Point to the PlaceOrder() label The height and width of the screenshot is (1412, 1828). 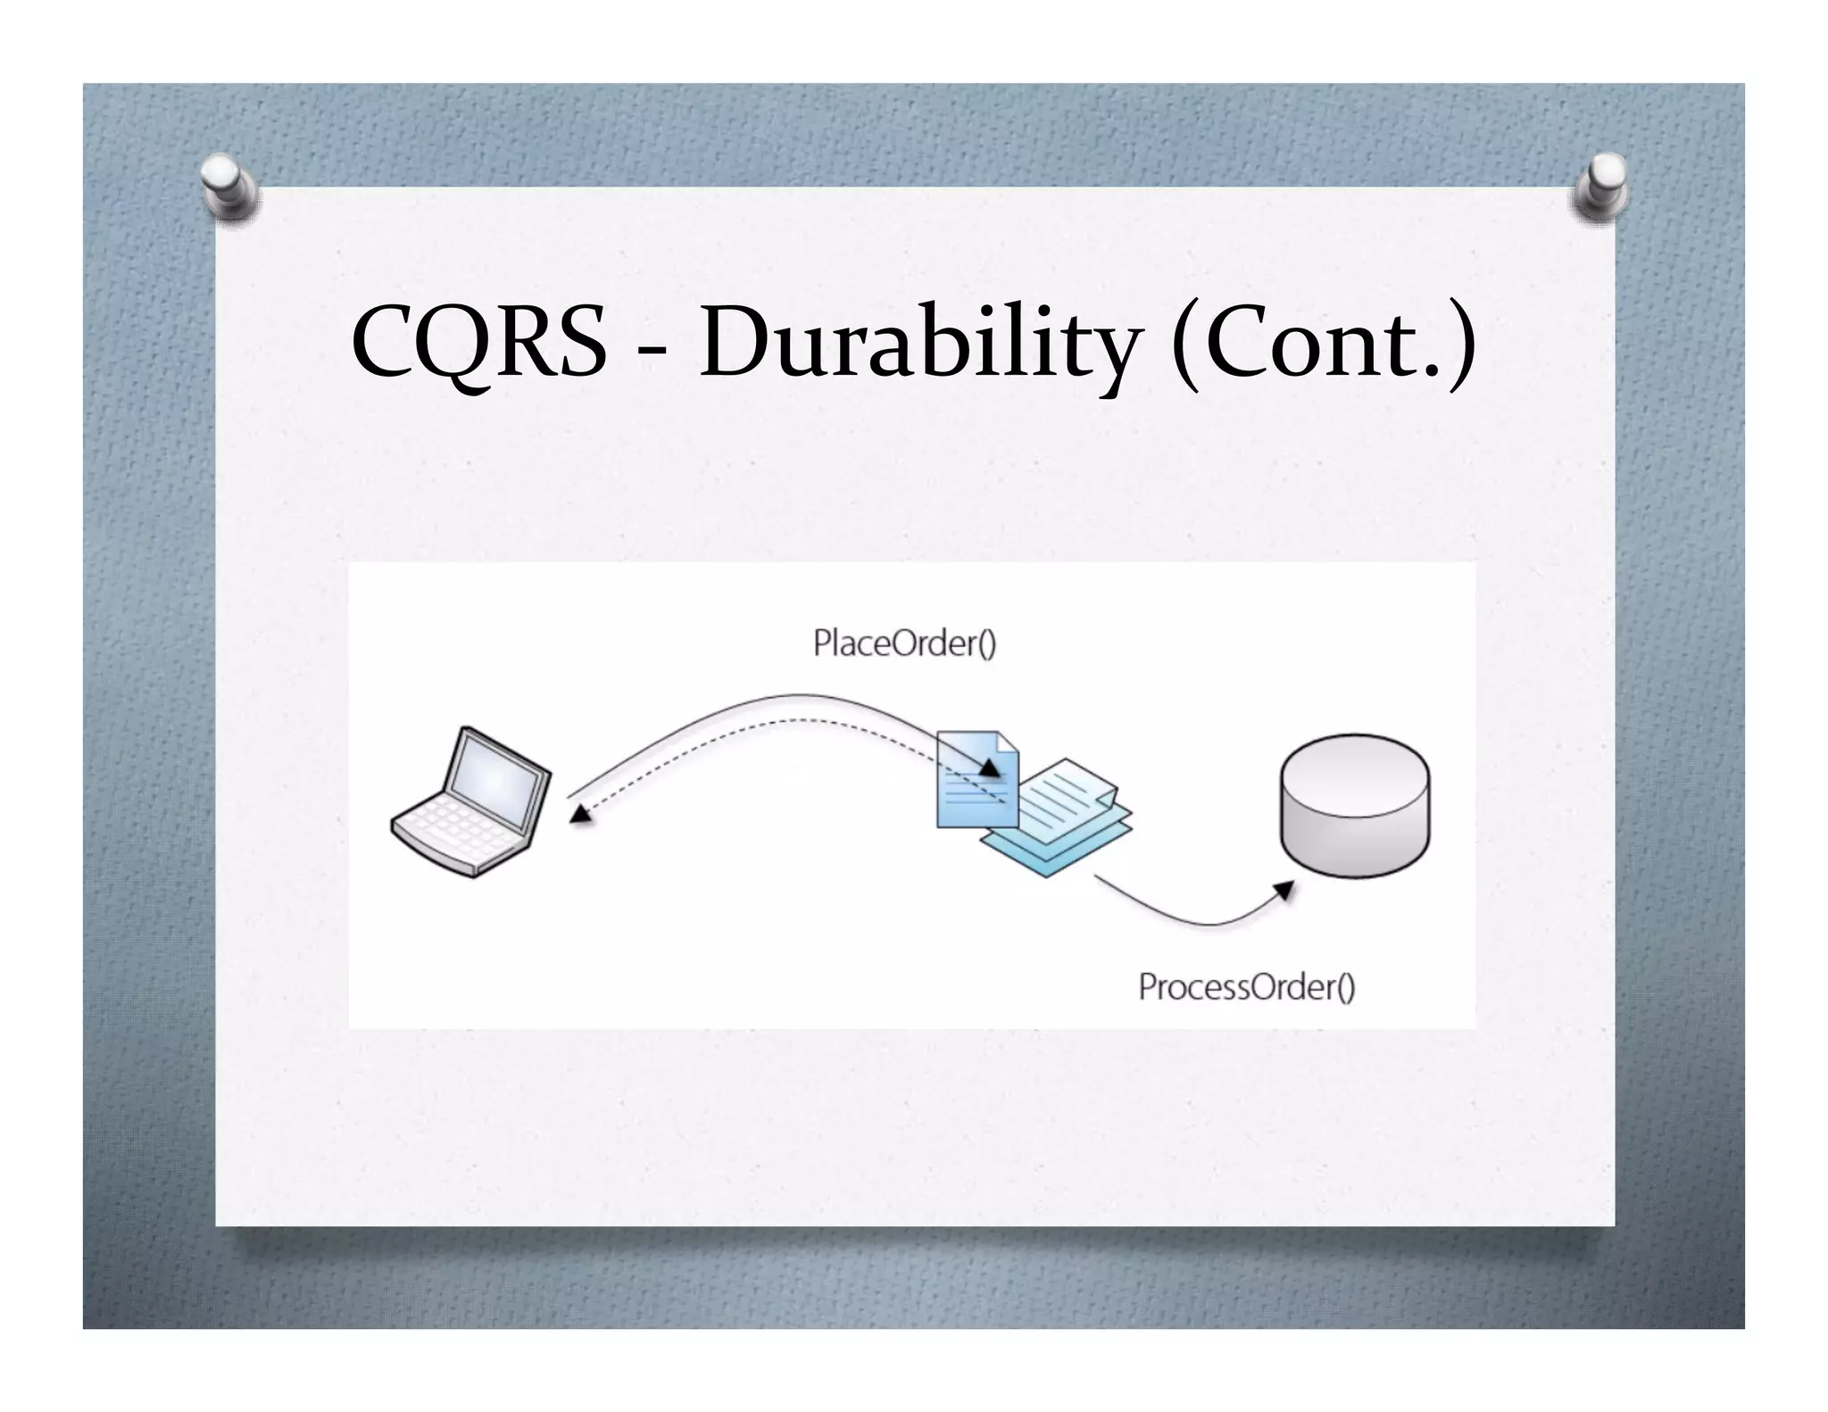903,644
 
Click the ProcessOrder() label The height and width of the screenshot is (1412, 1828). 1246,987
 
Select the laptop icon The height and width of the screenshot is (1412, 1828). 470,802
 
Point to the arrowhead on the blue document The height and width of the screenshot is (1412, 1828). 989,768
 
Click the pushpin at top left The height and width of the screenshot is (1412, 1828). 228,186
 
